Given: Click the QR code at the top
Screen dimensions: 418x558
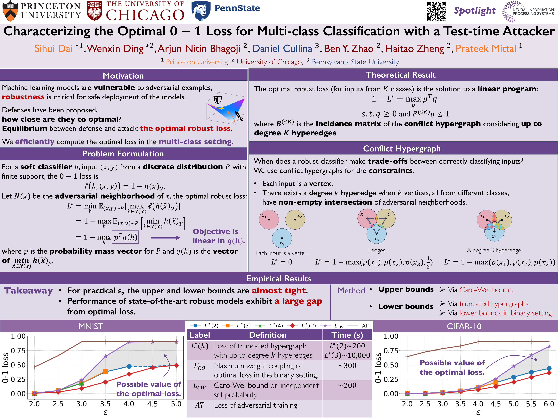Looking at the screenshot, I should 436,12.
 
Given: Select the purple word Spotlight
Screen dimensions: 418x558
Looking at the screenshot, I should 474,11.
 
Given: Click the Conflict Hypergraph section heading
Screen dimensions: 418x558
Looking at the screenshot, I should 402,149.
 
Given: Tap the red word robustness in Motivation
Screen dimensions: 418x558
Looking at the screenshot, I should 23,97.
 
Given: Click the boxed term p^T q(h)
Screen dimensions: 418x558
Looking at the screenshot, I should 125,237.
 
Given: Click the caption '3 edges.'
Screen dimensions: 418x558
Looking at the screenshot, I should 376,250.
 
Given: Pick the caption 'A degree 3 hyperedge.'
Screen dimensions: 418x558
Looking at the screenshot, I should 494,250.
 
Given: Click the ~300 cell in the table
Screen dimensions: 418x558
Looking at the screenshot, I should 347,366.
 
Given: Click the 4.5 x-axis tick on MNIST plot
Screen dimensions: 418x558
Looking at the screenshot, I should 152,404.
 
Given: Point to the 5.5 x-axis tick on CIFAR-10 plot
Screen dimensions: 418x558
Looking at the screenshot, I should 531,404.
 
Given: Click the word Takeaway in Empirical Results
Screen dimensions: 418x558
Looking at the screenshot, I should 28,291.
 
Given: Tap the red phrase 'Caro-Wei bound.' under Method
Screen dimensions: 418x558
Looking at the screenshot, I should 486,290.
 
